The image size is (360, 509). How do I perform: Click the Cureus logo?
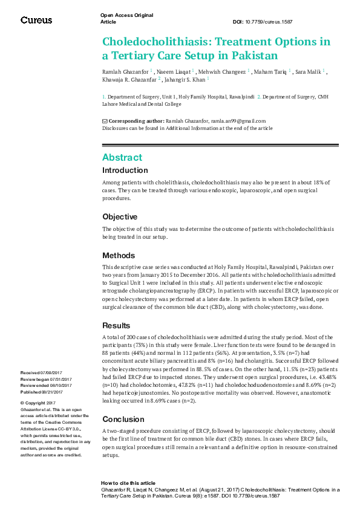[36, 20]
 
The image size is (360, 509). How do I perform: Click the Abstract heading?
[122, 157]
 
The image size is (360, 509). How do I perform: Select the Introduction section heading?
[125, 170]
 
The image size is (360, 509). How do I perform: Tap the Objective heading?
[120, 216]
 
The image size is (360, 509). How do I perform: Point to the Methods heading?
[119, 255]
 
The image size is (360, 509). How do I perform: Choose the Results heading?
[116, 325]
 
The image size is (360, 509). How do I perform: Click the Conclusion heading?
[123, 402]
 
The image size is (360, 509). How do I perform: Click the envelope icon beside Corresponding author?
[105, 121]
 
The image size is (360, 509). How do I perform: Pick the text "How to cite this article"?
[128, 483]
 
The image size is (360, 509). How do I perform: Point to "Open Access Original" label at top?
[126, 15]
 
